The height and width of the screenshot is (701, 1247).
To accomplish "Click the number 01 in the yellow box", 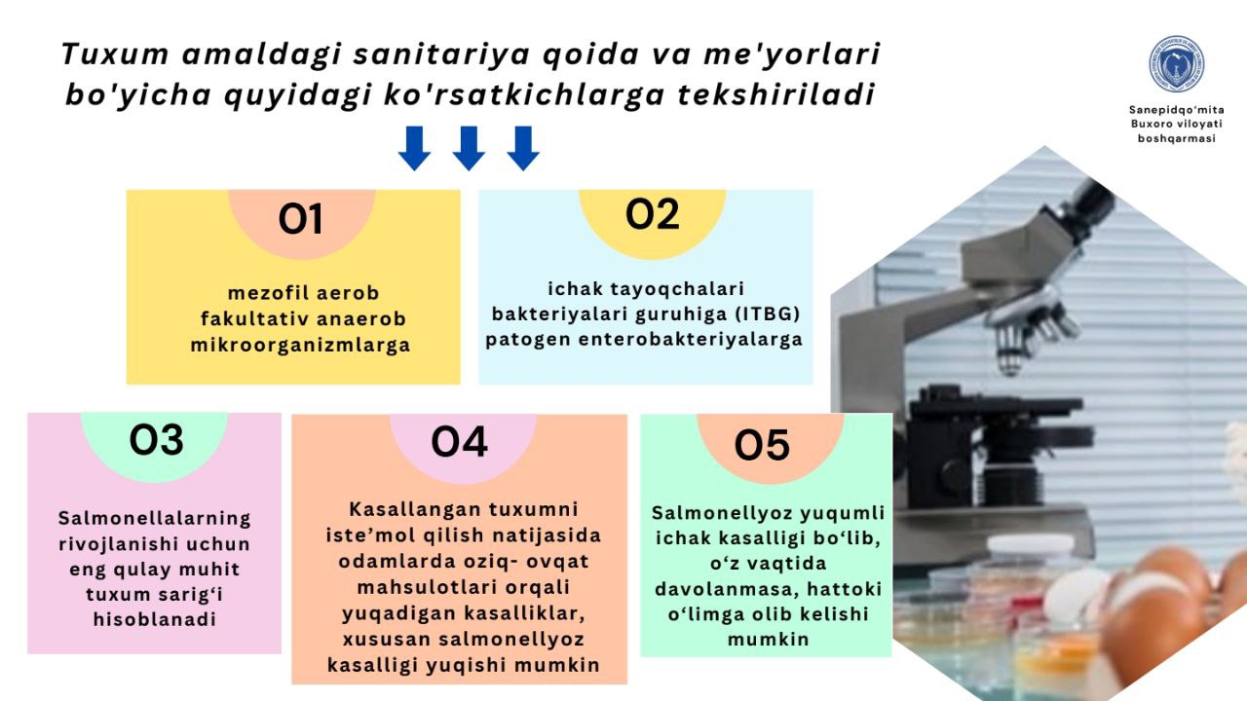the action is pos(300,219).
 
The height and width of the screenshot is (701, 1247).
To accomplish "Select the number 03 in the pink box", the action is pos(156,440).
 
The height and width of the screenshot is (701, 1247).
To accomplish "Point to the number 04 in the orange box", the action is pos(459,442).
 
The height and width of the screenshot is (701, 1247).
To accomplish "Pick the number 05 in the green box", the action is pos(762,445).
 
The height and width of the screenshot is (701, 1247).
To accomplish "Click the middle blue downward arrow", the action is pos(469,148).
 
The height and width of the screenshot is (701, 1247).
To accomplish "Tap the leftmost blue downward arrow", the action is pos(414,148).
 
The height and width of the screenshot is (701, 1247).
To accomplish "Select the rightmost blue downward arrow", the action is pos(523,148).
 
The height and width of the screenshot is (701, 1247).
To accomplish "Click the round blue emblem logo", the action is pos(1176,64).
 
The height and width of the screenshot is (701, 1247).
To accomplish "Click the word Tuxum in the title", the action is pos(115,55).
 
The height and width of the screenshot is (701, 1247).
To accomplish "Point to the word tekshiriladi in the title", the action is pos(776,94).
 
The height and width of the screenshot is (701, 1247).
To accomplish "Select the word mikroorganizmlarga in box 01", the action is pos(301,345).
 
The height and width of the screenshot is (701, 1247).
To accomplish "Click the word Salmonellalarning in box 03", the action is pos(155,518).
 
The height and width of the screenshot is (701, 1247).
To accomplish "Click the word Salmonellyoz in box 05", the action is pos(722,513).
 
